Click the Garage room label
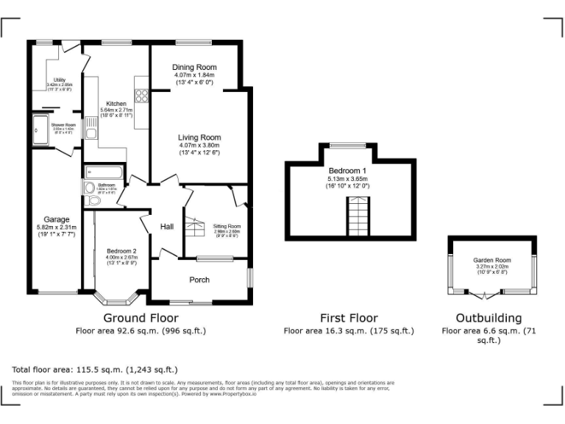click(56, 219)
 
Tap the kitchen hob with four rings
click(141, 95)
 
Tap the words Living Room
click(199, 138)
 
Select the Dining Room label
click(193, 67)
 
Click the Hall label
click(167, 227)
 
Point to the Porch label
click(199, 280)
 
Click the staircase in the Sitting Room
click(194, 227)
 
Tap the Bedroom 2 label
click(121, 251)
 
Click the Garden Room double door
click(485, 295)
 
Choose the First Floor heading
click(348, 318)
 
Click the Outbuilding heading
click(488, 318)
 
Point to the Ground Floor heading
click(140, 318)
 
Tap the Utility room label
click(59, 80)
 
